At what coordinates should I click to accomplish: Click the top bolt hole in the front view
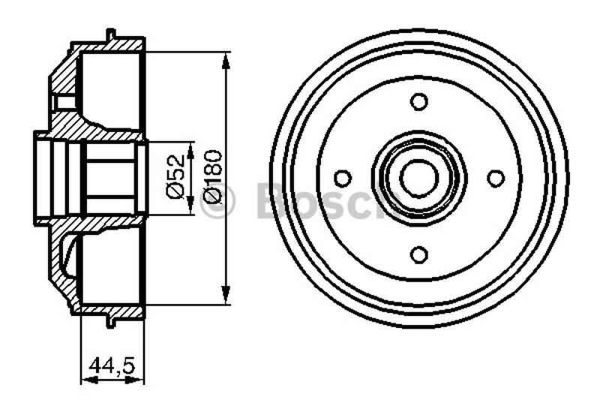(x=419, y=102)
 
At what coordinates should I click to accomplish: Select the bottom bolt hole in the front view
(x=419, y=254)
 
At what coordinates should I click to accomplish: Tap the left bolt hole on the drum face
(x=343, y=179)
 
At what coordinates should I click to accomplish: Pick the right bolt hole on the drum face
(x=496, y=179)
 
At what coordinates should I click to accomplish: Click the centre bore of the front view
(x=419, y=178)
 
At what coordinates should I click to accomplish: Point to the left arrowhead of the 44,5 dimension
(x=85, y=377)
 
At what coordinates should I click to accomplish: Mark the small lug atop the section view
(x=111, y=34)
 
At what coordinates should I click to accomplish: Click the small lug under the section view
(x=111, y=322)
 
